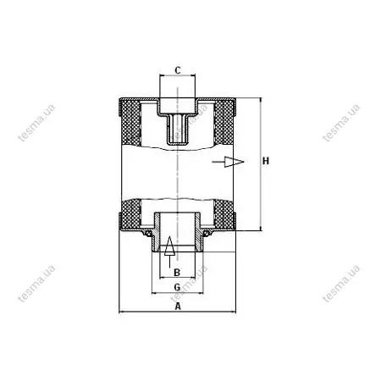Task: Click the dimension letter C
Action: [x=178, y=70]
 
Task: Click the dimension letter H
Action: [x=266, y=161]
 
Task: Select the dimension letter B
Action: [x=177, y=273]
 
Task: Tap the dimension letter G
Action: [x=177, y=287]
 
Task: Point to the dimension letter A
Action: [x=178, y=306]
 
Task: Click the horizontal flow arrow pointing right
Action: [x=228, y=162]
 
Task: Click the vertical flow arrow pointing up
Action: [x=169, y=251]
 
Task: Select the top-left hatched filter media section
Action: [x=130, y=123]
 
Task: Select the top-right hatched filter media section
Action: [x=224, y=123]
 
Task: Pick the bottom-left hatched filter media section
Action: [x=130, y=213]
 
